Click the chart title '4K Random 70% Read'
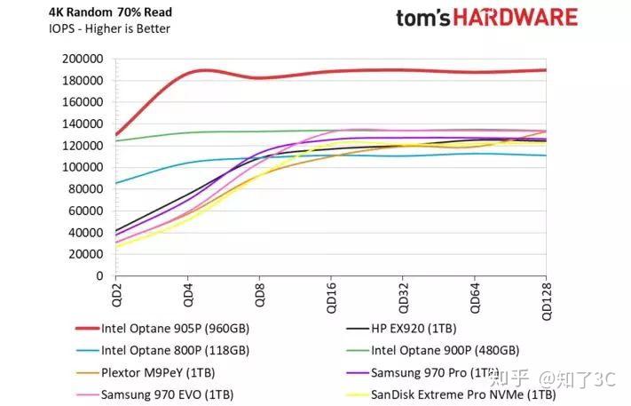pos(99,12)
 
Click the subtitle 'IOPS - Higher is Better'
pos(98,28)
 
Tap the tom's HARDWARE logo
pos(486,18)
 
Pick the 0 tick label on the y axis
pos(100,275)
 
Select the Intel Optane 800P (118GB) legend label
pos(175,350)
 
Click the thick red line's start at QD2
pos(116,134)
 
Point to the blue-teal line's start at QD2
pos(116,183)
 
